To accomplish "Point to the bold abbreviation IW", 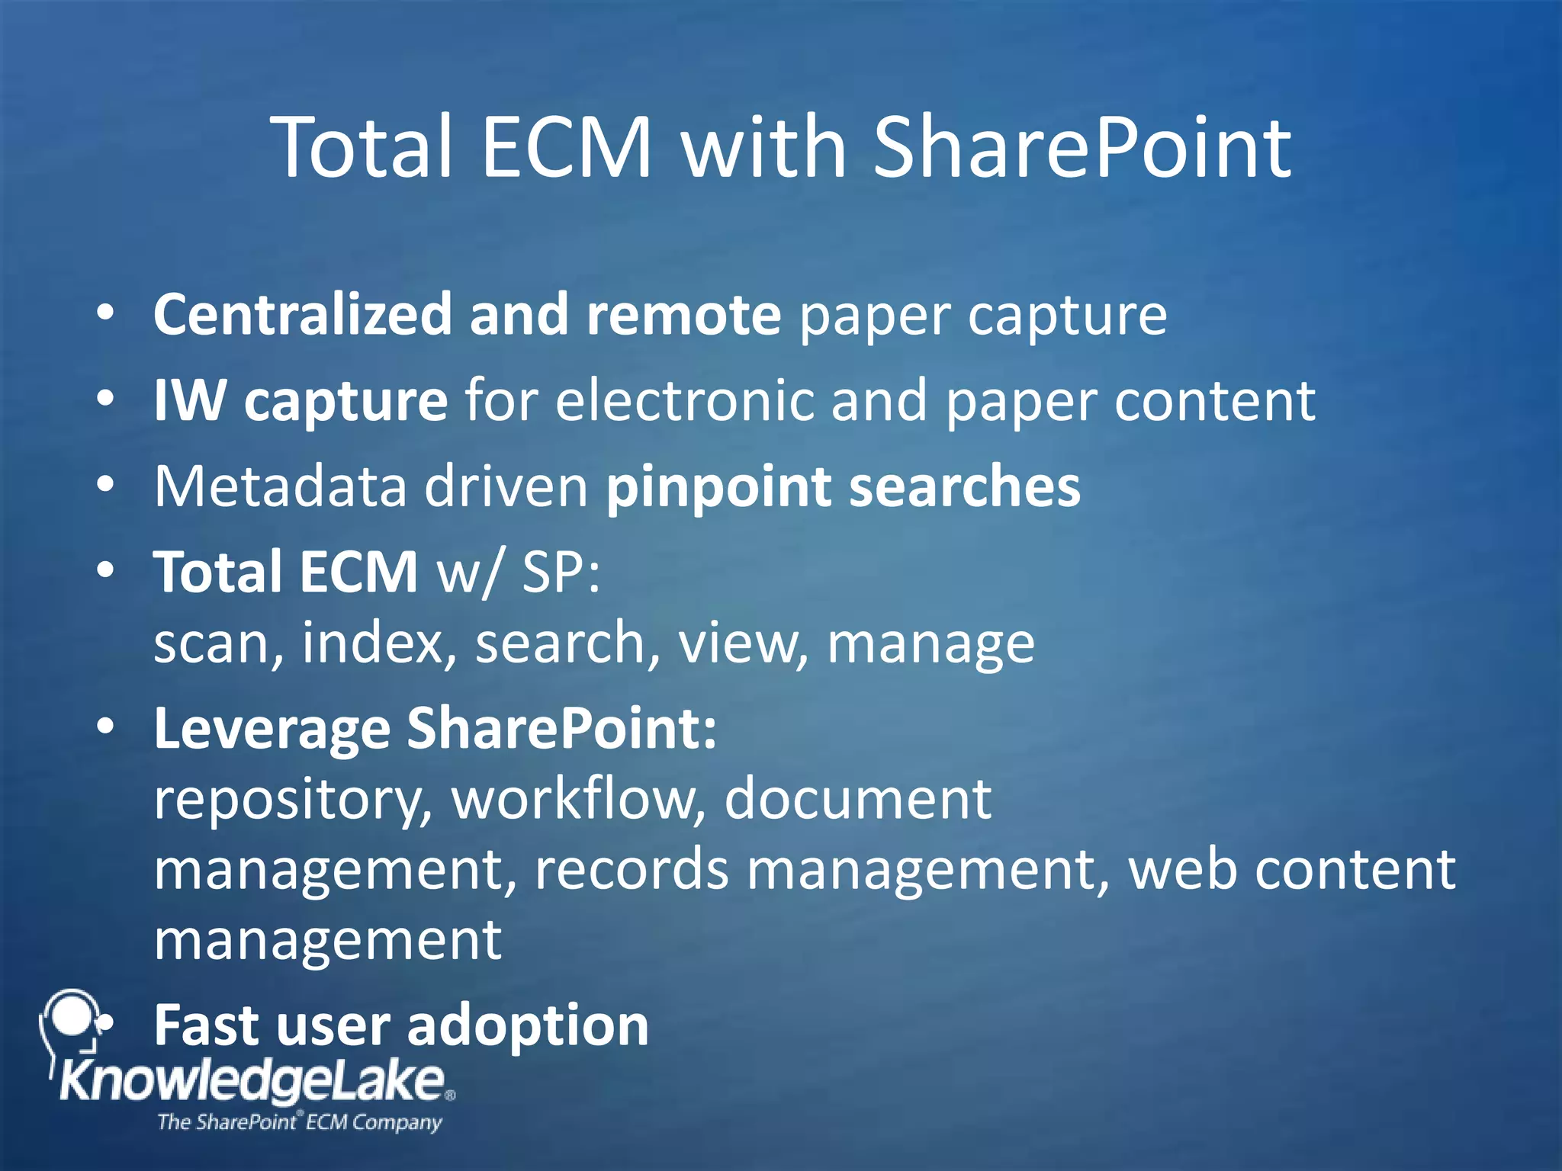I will pos(189,399).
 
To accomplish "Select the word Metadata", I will pos(280,486).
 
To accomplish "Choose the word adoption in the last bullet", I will pos(528,1025).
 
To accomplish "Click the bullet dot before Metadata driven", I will pos(106,484).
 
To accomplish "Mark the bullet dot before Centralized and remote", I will pos(106,313).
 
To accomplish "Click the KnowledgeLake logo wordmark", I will pos(252,1080).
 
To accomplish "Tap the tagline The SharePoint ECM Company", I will pos(299,1122).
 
